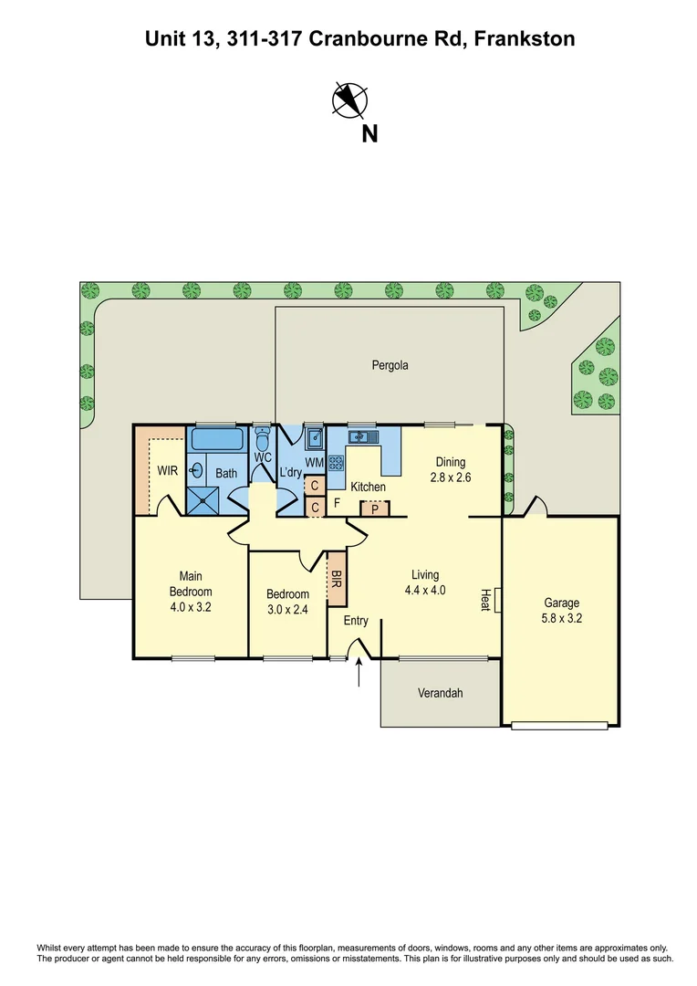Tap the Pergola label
click(x=390, y=365)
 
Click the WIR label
click(x=167, y=472)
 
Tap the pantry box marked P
click(x=374, y=509)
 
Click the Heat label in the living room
click(x=485, y=599)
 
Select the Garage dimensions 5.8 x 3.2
click(x=563, y=618)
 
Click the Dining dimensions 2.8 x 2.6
click(x=451, y=477)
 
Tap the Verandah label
click(x=440, y=693)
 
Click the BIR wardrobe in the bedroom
click(x=336, y=579)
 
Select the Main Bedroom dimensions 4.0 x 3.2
click(x=191, y=606)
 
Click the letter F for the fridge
click(x=337, y=502)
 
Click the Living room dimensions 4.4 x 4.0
click(x=425, y=590)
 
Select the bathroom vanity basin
click(x=196, y=471)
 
